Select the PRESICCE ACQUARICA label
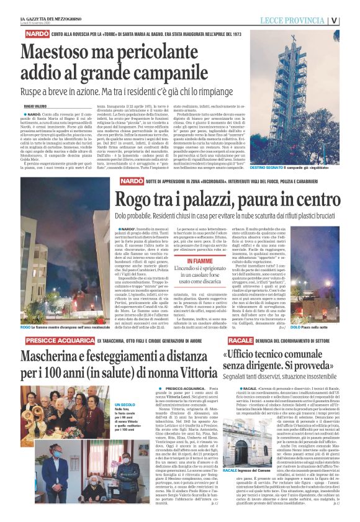click(53, 341)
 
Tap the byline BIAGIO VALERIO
click(35, 106)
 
